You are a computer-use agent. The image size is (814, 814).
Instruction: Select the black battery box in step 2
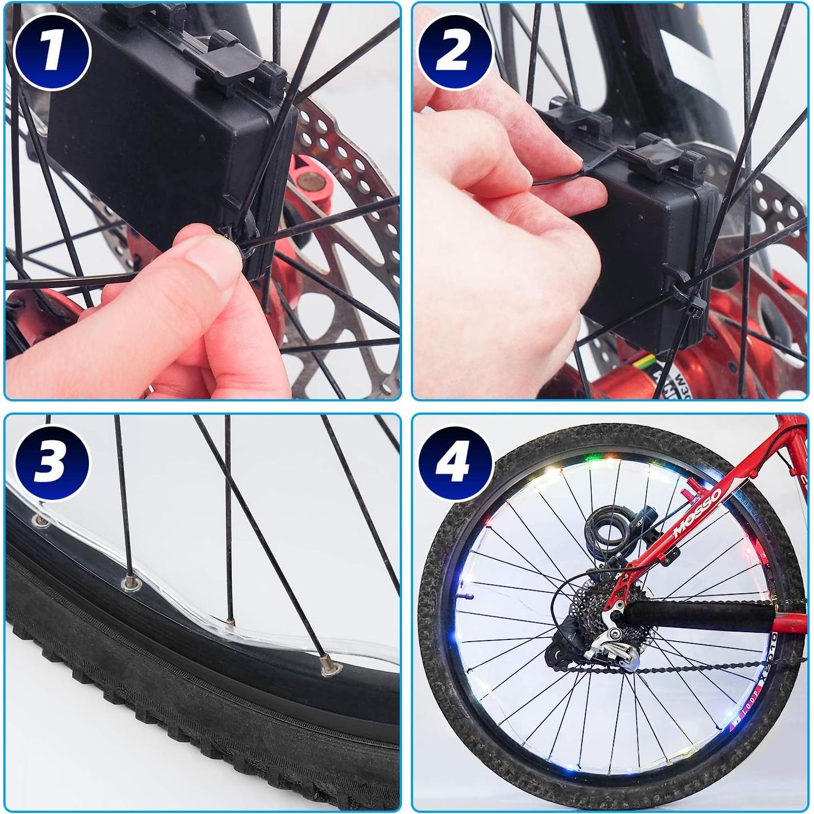[x=639, y=234]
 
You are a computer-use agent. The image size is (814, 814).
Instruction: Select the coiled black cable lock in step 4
[x=606, y=528]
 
